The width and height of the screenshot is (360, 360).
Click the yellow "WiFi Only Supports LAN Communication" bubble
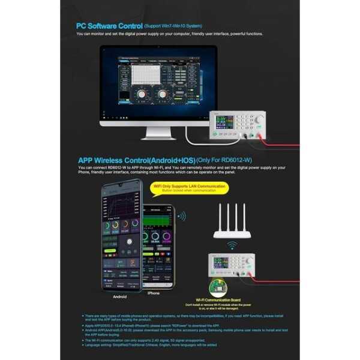(191, 188)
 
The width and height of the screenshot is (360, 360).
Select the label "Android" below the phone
(120, 296)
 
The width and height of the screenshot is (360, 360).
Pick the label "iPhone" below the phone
(154, 293)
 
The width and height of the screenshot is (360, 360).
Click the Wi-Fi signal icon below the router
(230, 246)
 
